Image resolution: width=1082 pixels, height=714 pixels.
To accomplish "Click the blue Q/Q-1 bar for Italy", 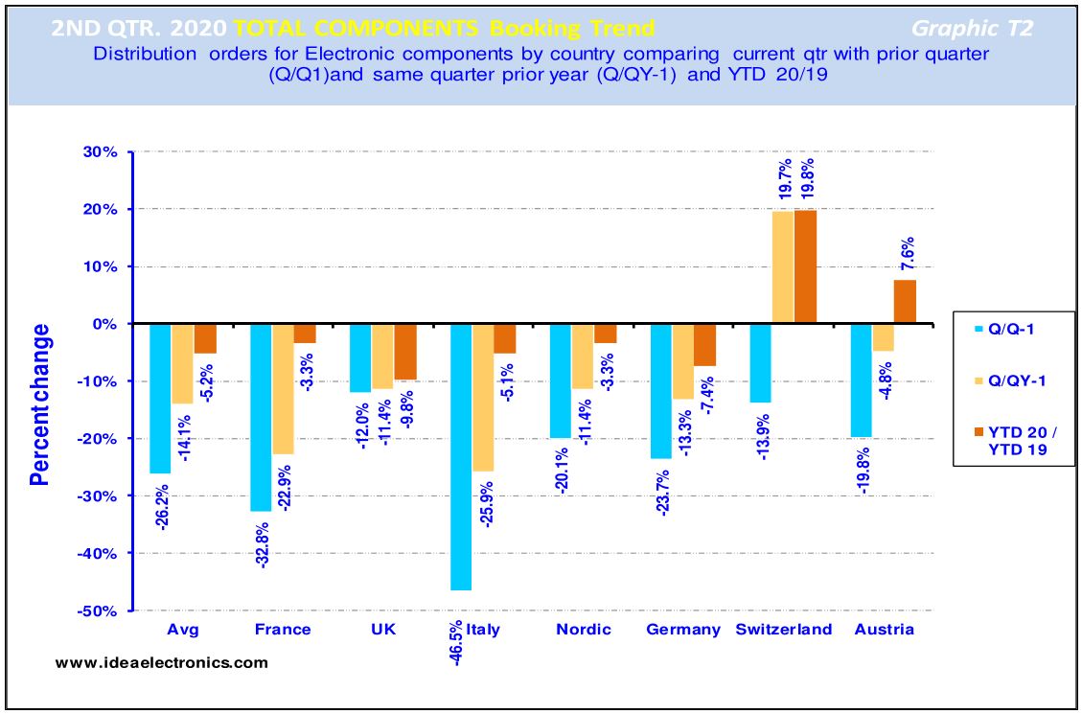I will (461, 456).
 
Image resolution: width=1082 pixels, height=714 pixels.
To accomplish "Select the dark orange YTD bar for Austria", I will (905, 302).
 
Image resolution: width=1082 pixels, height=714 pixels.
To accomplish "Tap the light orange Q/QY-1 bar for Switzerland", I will (782, 267).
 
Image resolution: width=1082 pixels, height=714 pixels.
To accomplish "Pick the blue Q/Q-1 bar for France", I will (260, 417).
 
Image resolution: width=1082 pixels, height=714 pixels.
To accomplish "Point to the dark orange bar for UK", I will (405, 352).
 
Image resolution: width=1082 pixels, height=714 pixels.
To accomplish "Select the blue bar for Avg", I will (160, 399).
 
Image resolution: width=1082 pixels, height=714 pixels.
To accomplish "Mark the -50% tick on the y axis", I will (101, 610).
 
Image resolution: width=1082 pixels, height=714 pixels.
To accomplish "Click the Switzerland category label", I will (783, 630).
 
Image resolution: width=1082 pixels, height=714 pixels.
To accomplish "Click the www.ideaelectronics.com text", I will (162, 662).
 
